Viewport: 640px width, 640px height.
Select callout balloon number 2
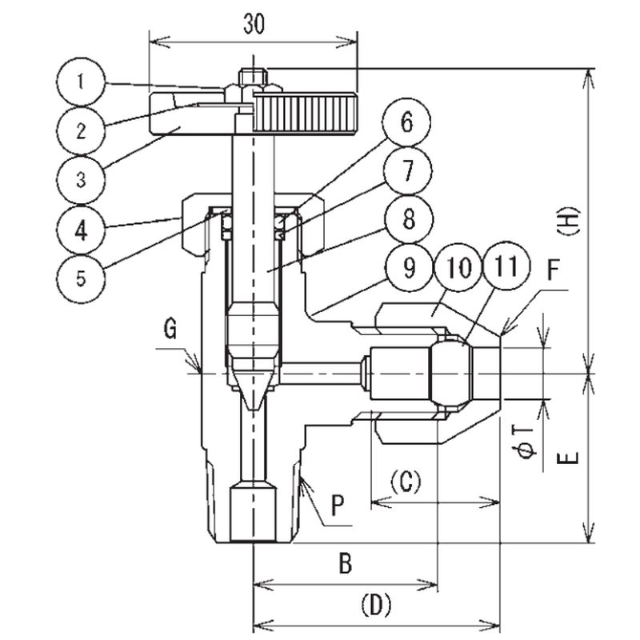click(x=80, y=130)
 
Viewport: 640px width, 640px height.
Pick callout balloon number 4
click(x=80, y=230)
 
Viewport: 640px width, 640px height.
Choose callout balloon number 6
click(x=406, y=126)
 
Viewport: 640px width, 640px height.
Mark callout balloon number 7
click(x=406, y=171)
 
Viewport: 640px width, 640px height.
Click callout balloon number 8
click(x=406, y=218)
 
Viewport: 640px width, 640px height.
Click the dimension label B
click(x=345, y=564)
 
